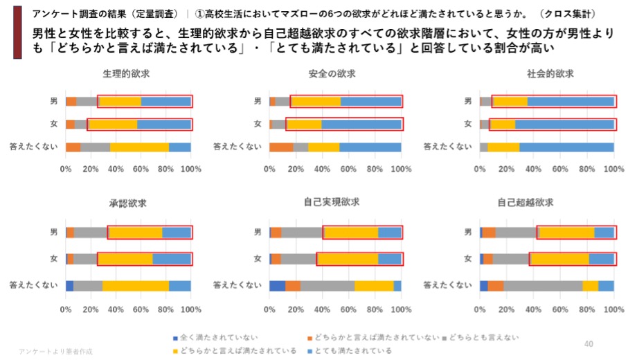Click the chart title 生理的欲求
point(127,74)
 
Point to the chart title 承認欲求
point(127,203)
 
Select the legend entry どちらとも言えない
point(483,338)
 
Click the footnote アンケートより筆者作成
point(55,352)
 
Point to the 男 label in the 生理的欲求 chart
point(53,101)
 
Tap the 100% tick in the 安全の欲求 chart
point(401,168)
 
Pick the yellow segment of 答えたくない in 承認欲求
point(136,285)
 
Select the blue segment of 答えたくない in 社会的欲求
point(566,147)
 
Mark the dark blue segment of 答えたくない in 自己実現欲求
point(277,285)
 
